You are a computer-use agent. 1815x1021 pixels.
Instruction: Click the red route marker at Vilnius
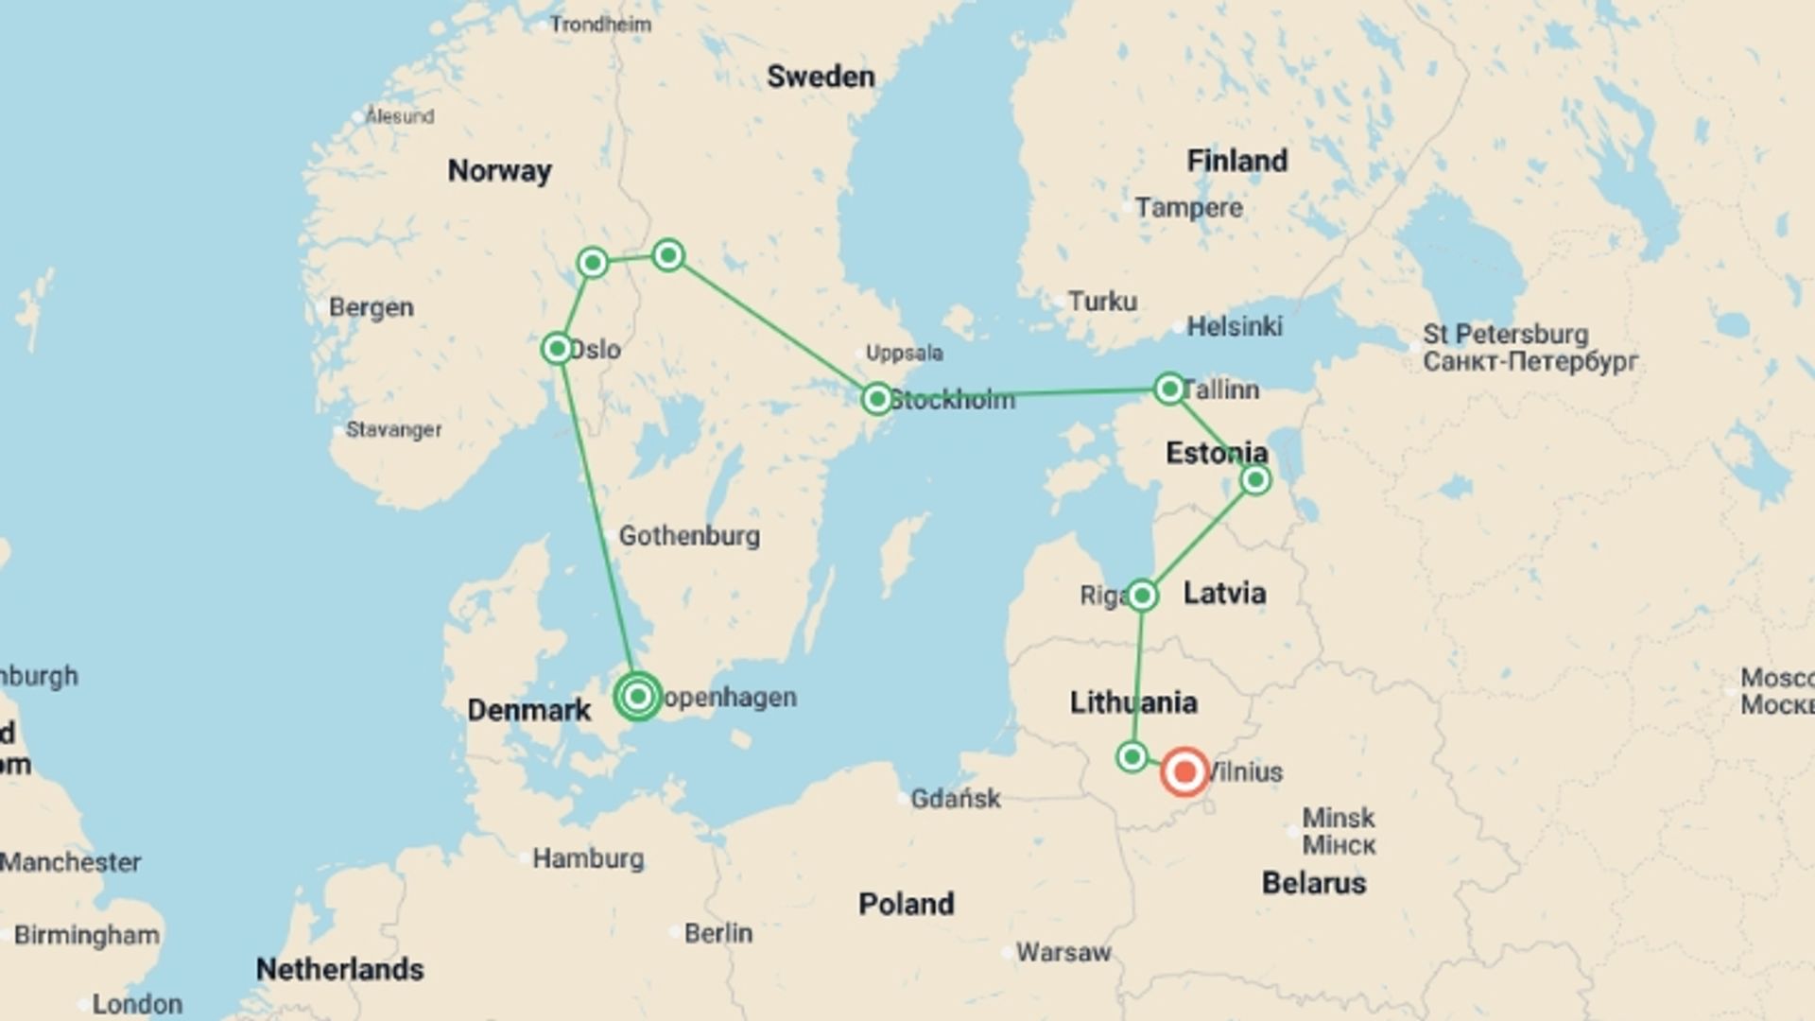(1184, 771)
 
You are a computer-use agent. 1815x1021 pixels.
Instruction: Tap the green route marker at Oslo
(558, 349)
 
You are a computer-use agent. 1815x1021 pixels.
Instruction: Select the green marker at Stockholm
(876, 399)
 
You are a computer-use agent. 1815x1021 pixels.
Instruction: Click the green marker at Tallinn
(1169, 389)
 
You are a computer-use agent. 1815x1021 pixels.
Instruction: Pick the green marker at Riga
(1142, 596)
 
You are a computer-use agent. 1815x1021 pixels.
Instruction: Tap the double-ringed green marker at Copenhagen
(638, 697)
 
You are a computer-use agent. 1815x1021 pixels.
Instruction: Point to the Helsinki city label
(1235, 327)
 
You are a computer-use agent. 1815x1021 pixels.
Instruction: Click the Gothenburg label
(689, 536)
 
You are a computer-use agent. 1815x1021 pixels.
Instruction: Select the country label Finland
(1236, 161)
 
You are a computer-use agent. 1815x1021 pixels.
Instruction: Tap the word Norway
(499, 171)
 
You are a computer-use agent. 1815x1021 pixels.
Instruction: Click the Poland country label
(906, 904)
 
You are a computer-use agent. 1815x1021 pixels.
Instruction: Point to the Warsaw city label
(1063, 952)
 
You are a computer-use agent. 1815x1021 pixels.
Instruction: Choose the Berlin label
(718, 933)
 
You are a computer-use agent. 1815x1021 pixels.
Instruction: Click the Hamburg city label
(588, 858)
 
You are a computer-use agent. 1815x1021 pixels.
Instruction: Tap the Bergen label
(372, 307)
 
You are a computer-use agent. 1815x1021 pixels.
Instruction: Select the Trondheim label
(600, 25)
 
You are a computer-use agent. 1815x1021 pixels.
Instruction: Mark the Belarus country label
(1314, 883)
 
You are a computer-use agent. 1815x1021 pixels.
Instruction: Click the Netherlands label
(340, 969)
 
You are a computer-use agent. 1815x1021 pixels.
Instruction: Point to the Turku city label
(1102, 302)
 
